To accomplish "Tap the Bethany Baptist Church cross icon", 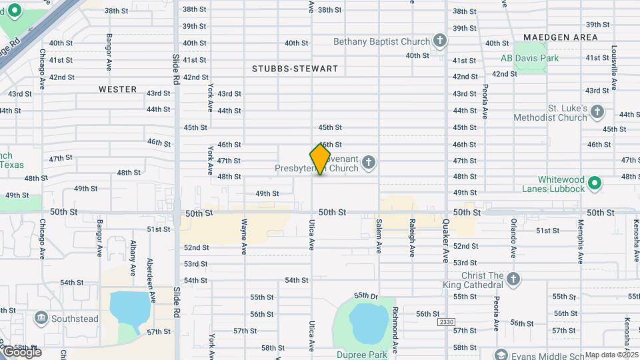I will click(x=439, y=41).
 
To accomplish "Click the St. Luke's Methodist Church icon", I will click(x=598, y=112).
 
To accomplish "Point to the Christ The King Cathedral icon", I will click(x=512, y=279).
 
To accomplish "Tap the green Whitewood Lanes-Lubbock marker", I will click(x=595, y=182).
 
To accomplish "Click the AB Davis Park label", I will click(x=529, y=58).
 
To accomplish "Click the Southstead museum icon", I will click(x=41, y=317).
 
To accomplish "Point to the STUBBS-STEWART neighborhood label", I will click(x=295, y=69).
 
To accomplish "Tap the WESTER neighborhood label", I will click(x=117, y=89).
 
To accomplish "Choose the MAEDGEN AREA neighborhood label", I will click(x=560, y=37).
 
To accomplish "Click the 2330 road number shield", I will click(x=446, y=322).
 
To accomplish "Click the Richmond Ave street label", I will click(x=395, y=330).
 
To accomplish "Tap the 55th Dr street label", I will click(x=366, y=295).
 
